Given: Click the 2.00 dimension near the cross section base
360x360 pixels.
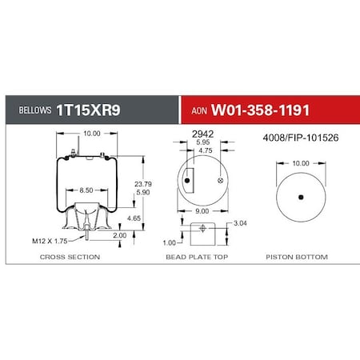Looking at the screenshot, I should pos(119,235).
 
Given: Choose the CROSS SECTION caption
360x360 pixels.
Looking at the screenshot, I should pos(70,257).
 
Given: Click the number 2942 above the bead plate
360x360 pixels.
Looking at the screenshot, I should pos(203,136).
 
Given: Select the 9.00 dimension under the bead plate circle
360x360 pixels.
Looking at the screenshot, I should pos(202,211).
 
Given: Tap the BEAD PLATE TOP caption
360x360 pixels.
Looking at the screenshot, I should pos(202,257).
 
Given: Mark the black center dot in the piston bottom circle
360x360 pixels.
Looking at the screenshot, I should pos(301,197).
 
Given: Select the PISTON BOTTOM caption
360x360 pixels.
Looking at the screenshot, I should pos(301,257).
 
